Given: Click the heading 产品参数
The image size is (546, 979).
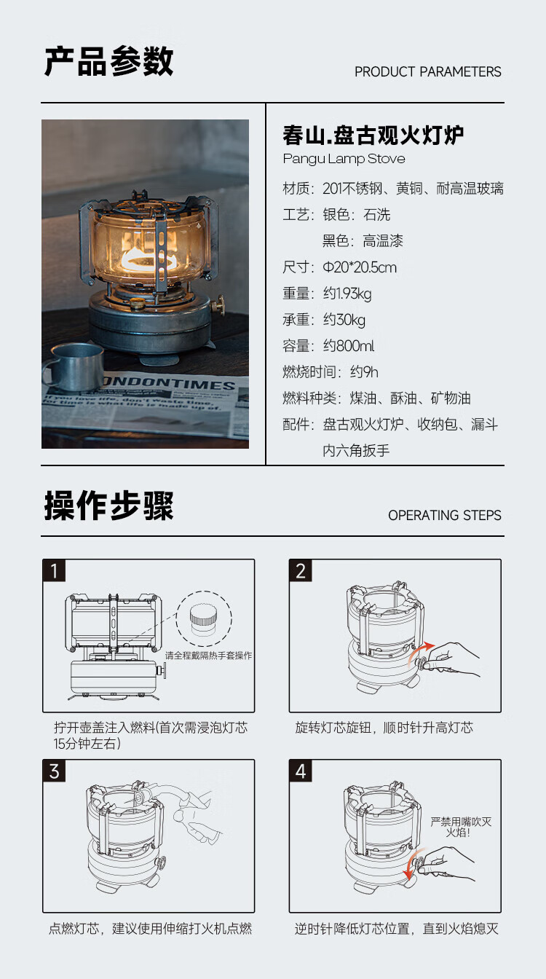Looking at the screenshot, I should tap(108, 61).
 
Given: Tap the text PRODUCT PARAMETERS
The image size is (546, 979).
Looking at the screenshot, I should tap(427, 71).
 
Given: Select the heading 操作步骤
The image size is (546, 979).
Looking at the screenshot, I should tap(108, 505).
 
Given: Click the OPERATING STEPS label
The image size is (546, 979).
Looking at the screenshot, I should tap(444, 515).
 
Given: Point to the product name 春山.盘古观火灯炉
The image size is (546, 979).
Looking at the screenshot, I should tap(373, 135).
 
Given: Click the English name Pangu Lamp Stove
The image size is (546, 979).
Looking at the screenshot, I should tap(344, 159).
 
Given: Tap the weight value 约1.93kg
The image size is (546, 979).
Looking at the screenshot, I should tap(347, 294).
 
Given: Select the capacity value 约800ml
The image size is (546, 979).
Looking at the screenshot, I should tap(349, 346).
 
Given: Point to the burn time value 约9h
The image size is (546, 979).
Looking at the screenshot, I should tap(364, 372).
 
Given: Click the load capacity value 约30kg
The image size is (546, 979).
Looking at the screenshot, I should tap(344, 320).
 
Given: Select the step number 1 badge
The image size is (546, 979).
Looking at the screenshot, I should tap(54, 570).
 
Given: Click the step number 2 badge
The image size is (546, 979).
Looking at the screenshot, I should tap(301, 570).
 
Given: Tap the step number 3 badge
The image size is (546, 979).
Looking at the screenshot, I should tap(54, 771).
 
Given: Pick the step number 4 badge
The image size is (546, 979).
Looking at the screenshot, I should tap(301, 771).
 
